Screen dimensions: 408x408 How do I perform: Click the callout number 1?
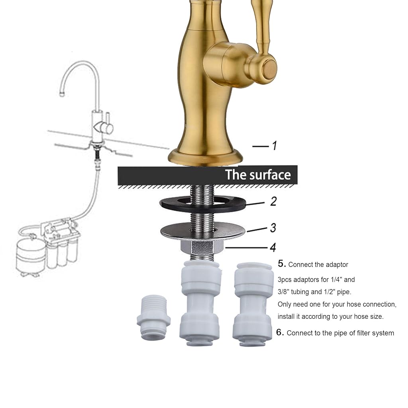274,146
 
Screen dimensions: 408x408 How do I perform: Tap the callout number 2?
273,201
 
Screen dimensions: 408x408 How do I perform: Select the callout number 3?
273,228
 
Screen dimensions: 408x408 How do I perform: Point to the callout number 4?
273,247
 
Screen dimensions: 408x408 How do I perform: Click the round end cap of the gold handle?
270,68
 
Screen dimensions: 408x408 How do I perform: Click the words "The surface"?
258,175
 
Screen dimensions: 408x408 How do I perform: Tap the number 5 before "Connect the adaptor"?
282,264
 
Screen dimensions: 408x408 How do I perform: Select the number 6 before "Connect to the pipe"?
280,332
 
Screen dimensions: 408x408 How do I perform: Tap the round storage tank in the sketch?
30,256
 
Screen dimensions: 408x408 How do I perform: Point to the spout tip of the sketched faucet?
62,94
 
